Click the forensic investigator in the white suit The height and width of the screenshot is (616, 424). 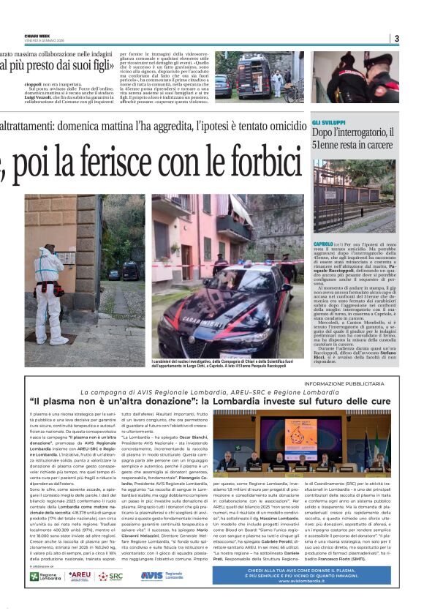point(50,285)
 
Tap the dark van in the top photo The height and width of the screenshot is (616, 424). point(253,76)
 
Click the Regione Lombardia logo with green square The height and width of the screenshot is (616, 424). point(46,576)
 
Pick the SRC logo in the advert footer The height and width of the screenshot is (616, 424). point(112,576)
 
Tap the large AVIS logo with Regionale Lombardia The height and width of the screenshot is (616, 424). point(162,576)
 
